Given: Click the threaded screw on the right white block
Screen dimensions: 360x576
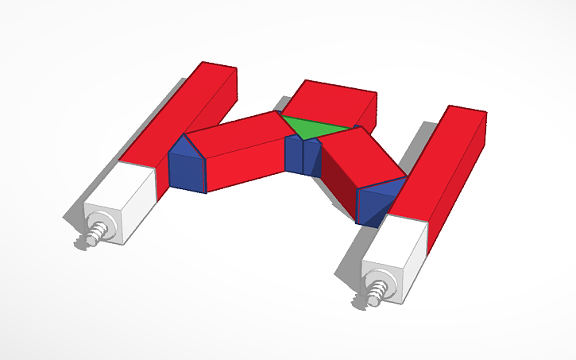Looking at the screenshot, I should click(373, 295).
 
